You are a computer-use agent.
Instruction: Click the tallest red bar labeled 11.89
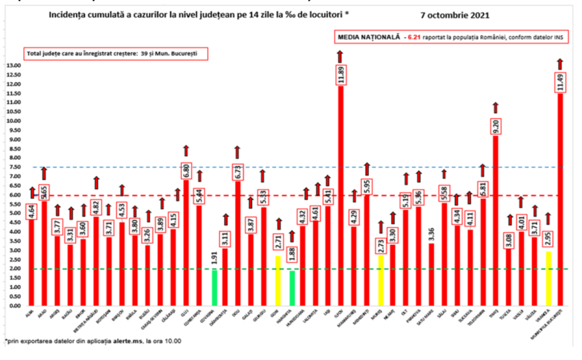(x=341, y=199)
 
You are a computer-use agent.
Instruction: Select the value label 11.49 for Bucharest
(x=560, y=82)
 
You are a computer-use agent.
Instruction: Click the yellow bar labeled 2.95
(x=548, y=278)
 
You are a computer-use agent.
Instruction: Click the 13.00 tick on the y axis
(x=13, y=66)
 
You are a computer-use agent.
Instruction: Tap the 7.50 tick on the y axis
(x=13, y=167)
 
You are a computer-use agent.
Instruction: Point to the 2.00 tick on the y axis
(x=13, y=269)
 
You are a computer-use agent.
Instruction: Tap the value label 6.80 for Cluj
(x=187, y=171)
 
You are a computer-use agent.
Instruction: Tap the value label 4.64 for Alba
(x=32, y=212)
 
